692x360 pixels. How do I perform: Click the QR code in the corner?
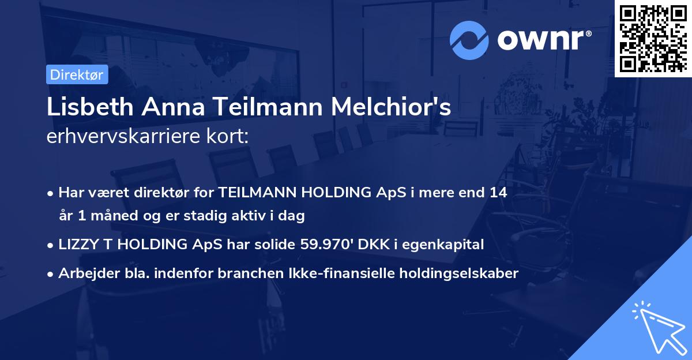tap(653, 38)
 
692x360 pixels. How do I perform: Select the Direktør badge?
tap(77, 74)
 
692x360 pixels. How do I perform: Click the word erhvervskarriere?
tap(121, 136)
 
